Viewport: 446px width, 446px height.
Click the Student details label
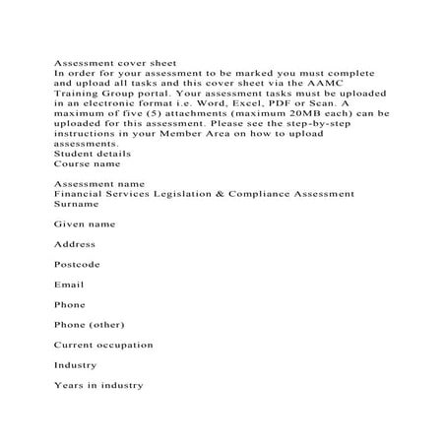(x=92, y=154)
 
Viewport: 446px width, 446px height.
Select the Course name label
(x=86, y=163)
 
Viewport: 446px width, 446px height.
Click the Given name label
(x=84, y=224)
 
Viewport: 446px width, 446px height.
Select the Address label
(x=75, y=244)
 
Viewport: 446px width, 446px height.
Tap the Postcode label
(x=77, y=265)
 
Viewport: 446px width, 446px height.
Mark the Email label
(x=69, y=285)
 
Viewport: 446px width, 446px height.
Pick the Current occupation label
(x=103, y=345)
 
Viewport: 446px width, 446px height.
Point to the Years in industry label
(x=97, y=385)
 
